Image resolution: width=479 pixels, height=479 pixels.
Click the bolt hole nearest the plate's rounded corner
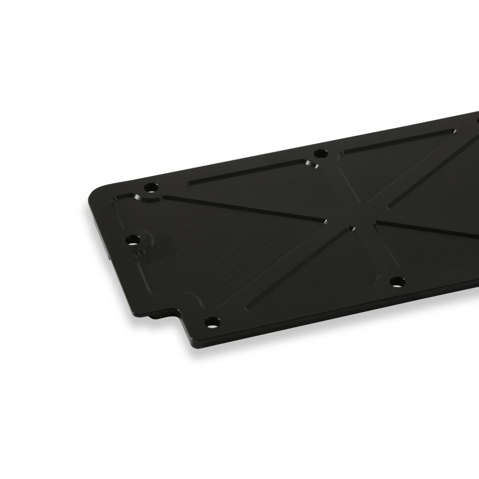pyautogui.click(x=151, y=187)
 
